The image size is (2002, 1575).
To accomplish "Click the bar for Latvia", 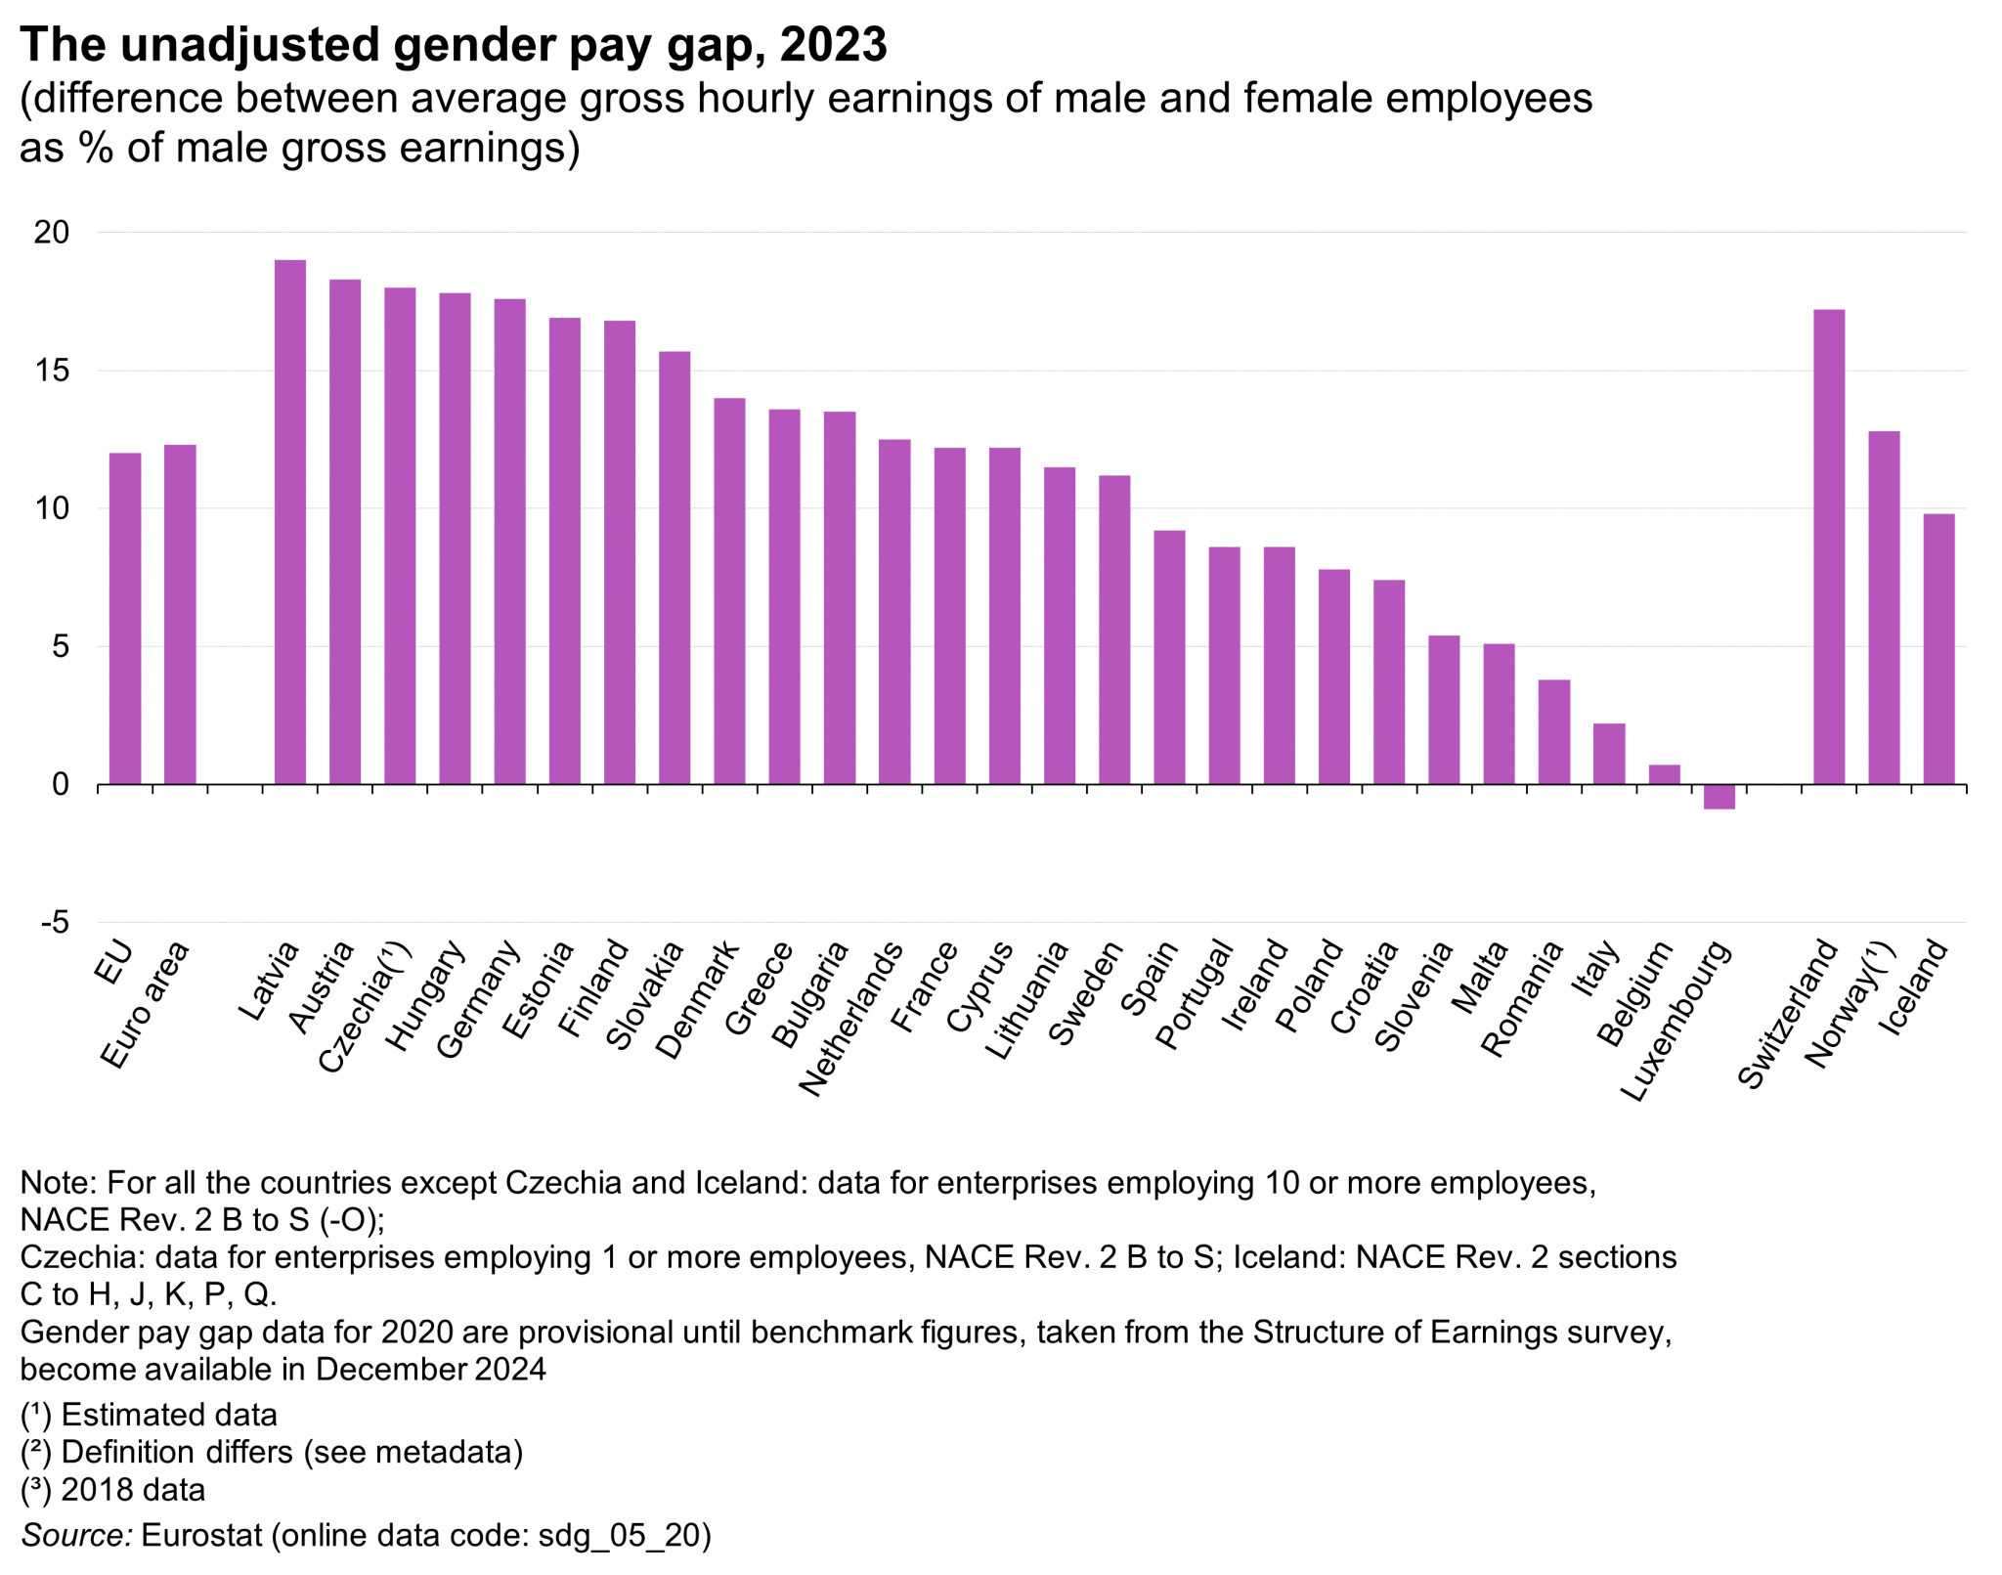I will [x=289, y=522].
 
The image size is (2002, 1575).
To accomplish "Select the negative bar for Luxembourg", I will [x=1719, y=796].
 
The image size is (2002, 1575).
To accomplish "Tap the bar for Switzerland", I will [x=1828, y=547].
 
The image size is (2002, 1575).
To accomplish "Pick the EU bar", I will [x=125, y=618].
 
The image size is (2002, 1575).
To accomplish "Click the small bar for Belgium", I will [x=1664, y=774].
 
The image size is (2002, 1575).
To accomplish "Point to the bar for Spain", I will [x=1169, y=657].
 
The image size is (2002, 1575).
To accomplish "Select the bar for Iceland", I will [x=1938, y=648].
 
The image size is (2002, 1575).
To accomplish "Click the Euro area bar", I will [x=180, y=614].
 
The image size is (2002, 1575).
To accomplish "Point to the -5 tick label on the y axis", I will [x=54, y=922].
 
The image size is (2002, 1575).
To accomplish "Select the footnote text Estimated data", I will [x=169, y=1415].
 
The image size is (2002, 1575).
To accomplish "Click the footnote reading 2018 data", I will [x=133, y=1489].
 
